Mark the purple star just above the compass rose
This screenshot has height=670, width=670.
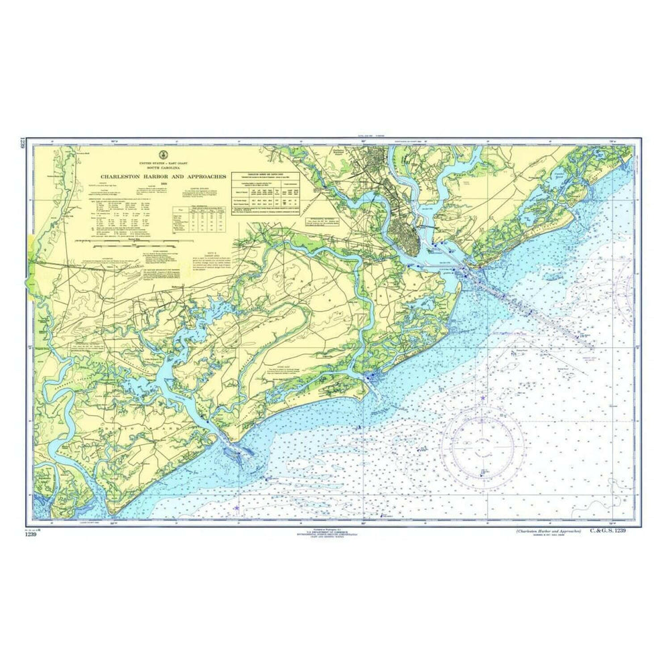[483, 399]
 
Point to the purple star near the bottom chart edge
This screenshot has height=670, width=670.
[237, 509]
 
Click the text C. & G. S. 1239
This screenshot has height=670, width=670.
[607, 531]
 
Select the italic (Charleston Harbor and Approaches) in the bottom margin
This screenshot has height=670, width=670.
[544, 531]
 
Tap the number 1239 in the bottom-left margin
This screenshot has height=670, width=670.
[30, 533]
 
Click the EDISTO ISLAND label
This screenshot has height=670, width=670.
[127, 425]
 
